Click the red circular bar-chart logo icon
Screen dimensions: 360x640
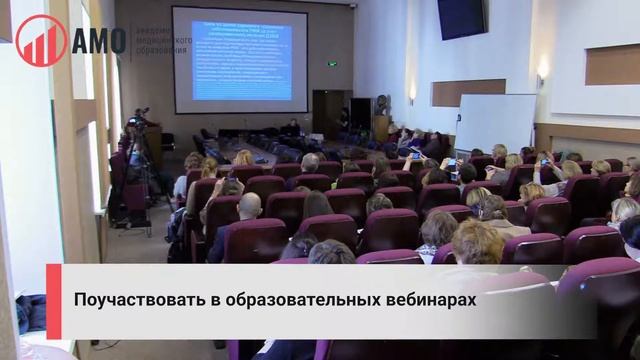[41, 41]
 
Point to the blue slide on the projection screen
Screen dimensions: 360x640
[240, 60]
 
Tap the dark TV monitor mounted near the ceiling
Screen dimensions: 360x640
[461, 19]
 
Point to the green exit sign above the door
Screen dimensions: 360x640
[331, 64]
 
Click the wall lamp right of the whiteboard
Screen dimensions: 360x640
[542, 74]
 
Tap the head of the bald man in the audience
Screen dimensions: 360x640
[249, 206]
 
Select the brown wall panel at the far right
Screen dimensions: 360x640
[612, 64]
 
